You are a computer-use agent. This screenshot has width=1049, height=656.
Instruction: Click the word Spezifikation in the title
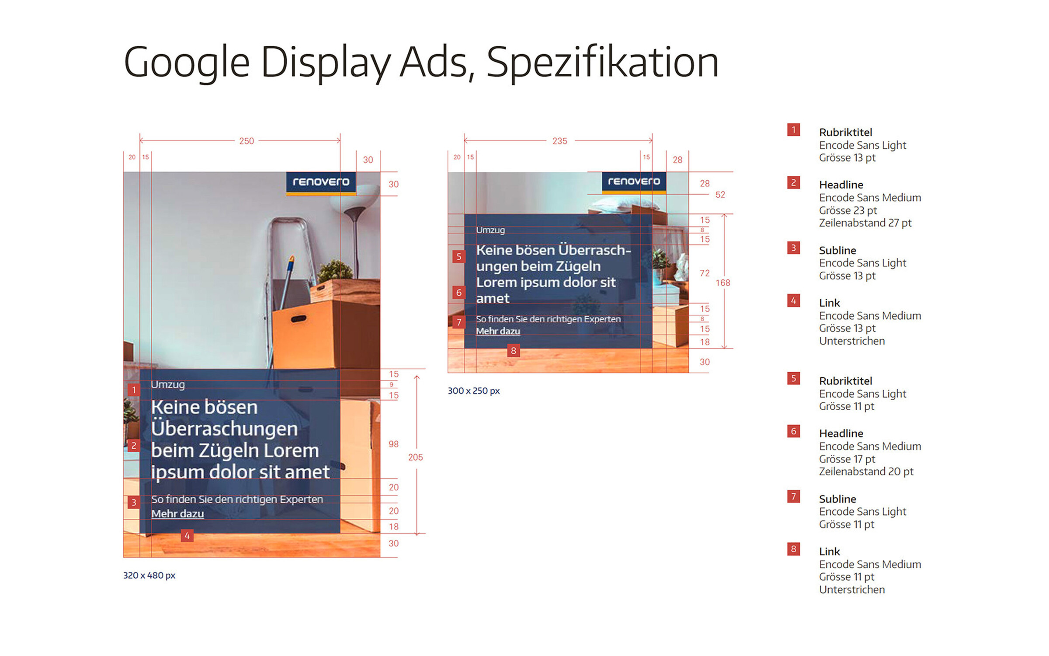point(602,63)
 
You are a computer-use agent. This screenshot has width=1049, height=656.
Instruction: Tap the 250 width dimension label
point(247,141)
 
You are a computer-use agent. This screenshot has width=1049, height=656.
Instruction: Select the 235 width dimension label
point(560,141)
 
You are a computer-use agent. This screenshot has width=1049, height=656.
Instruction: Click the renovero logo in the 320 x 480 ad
point(321,183)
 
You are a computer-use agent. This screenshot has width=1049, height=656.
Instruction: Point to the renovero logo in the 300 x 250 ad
point(634,182)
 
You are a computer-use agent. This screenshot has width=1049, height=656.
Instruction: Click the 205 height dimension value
point(415,457)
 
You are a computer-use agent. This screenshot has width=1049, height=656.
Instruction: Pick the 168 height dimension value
point(723,283)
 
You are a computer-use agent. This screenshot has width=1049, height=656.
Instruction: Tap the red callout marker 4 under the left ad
point(187,536)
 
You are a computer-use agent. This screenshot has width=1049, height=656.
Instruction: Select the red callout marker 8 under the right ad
point(514,351)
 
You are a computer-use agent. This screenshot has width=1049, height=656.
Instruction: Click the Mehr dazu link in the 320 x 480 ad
point(177,514)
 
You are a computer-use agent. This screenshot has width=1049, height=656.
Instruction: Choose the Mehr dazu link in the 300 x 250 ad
point(498,331)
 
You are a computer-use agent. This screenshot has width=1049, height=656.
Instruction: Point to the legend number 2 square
point(794,182)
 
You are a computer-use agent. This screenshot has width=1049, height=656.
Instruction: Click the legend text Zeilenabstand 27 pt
point(865,223)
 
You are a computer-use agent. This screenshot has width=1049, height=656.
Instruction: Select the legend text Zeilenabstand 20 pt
point(866,472)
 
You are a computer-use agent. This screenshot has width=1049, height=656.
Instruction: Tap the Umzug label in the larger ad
point(168,385)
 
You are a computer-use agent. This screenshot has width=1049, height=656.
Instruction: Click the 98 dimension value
point(393,444)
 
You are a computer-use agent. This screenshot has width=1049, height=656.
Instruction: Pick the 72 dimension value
point(705,273)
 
